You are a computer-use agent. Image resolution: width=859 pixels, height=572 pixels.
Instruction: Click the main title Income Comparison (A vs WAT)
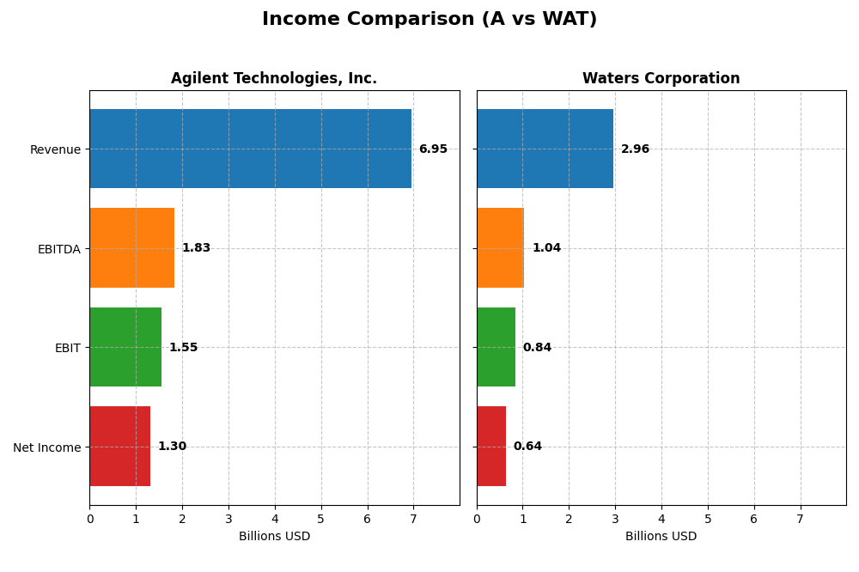(429, 19)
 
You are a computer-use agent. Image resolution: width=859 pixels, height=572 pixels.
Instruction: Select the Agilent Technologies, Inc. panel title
(273, 78)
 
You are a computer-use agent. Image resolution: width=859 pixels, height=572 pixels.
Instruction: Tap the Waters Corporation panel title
(661, 78)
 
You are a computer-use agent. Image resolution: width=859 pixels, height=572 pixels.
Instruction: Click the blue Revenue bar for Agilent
(250, 149)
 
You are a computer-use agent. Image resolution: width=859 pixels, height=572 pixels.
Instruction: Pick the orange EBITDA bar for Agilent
(131, 247)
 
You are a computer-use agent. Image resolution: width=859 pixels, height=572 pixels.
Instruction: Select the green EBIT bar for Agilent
(125, 347)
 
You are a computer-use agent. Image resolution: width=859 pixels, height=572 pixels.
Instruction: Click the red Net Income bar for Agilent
(119, 446)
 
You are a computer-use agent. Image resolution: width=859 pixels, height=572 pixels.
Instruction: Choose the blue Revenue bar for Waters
(545, 149)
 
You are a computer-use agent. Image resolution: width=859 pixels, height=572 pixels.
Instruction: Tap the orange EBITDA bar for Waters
(500, 247)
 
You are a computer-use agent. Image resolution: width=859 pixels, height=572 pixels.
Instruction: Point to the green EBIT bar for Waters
(496, 347)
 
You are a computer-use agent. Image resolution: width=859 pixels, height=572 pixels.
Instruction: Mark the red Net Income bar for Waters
(491, 446)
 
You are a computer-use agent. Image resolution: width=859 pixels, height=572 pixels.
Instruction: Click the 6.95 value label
(433, 149)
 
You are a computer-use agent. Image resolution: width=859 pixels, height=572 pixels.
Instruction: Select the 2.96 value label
(635, 149)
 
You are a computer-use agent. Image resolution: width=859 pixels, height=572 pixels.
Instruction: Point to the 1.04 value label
(546, 248)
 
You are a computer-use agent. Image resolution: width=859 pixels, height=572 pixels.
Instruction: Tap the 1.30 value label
(172, 447)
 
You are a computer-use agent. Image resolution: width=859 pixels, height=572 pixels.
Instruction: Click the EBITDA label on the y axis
(58, 249)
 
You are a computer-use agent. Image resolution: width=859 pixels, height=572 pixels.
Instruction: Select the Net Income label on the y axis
(46, 447)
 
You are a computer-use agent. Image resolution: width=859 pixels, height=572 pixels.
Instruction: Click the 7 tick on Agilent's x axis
(413, 519)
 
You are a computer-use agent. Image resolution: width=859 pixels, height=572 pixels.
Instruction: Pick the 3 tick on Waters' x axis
(615, 519)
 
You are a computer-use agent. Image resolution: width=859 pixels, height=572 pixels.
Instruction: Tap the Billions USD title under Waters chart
(661, 536)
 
